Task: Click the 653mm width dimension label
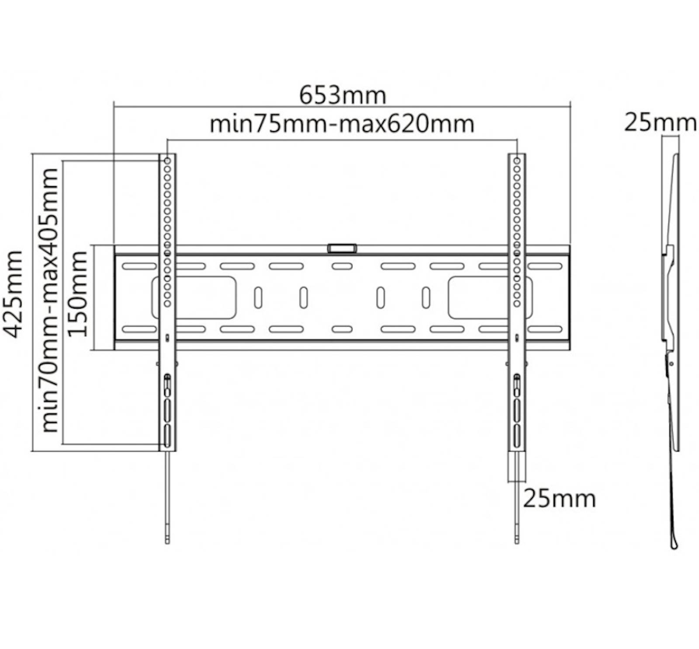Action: pos(343,96)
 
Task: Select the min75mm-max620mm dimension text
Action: pos(342,124)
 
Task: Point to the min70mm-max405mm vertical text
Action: pos(49,300)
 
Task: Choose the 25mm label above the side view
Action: pos(660,123)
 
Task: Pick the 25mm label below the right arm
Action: pos(559,498)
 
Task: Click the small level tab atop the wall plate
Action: pos(342,248)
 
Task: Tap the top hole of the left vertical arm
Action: pos(167,161)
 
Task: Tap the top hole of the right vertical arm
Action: pos(517,161)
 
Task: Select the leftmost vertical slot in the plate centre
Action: pos(258,298)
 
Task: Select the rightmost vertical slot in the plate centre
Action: pos(426,298)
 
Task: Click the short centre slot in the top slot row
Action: pos(342,266)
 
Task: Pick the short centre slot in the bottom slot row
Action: pos(342,329)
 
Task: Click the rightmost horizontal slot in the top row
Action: pos(545,266)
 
